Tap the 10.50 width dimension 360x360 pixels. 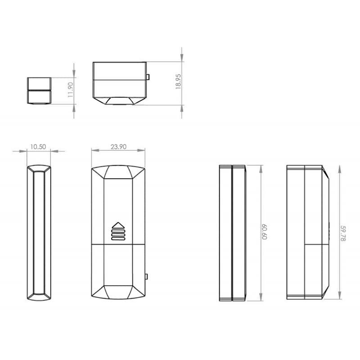click(x=39, y=147)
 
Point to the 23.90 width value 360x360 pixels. click(x=118, y=147)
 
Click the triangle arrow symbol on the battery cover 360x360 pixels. click(x=118, y=225)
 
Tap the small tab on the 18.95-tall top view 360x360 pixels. click(x=148, y=77)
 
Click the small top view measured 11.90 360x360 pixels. click(x=39, y=90)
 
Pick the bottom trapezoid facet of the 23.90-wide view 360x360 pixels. click(x=118, y=292)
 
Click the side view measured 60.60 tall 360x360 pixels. click(x=233, y=233)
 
